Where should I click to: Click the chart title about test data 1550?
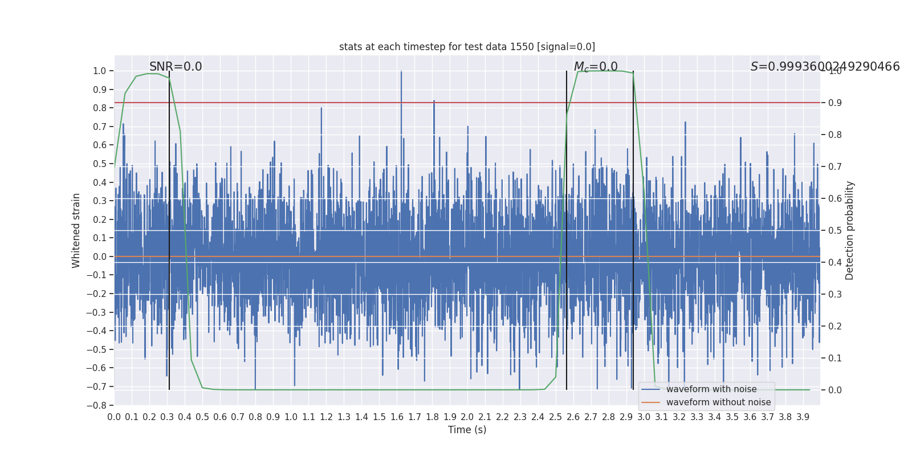pos(467,47)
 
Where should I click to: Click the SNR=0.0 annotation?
pos(176,67)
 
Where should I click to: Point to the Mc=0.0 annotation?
pos(596,67)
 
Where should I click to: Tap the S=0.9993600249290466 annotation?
pos(825,67)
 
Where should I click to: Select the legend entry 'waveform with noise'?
pos(711,389)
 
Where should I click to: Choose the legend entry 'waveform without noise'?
pos(718,402)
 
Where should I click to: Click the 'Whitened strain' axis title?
pos(76,230)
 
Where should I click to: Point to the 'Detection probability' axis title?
pos(850,230)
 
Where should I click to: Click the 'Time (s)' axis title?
pos(467,430)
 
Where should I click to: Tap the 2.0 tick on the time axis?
pos(467,417)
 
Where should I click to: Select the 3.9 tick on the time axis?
pos(803,417)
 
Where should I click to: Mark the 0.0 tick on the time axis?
pos(114,417)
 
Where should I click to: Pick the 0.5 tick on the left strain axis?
pos(99,164)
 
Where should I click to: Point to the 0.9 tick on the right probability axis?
pos(835,103)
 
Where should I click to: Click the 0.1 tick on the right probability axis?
pos(835,359)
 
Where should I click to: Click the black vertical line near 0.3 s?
pos(169,228)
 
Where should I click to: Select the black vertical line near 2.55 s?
pos(567,228)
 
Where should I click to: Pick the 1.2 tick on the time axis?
pos(326,417)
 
